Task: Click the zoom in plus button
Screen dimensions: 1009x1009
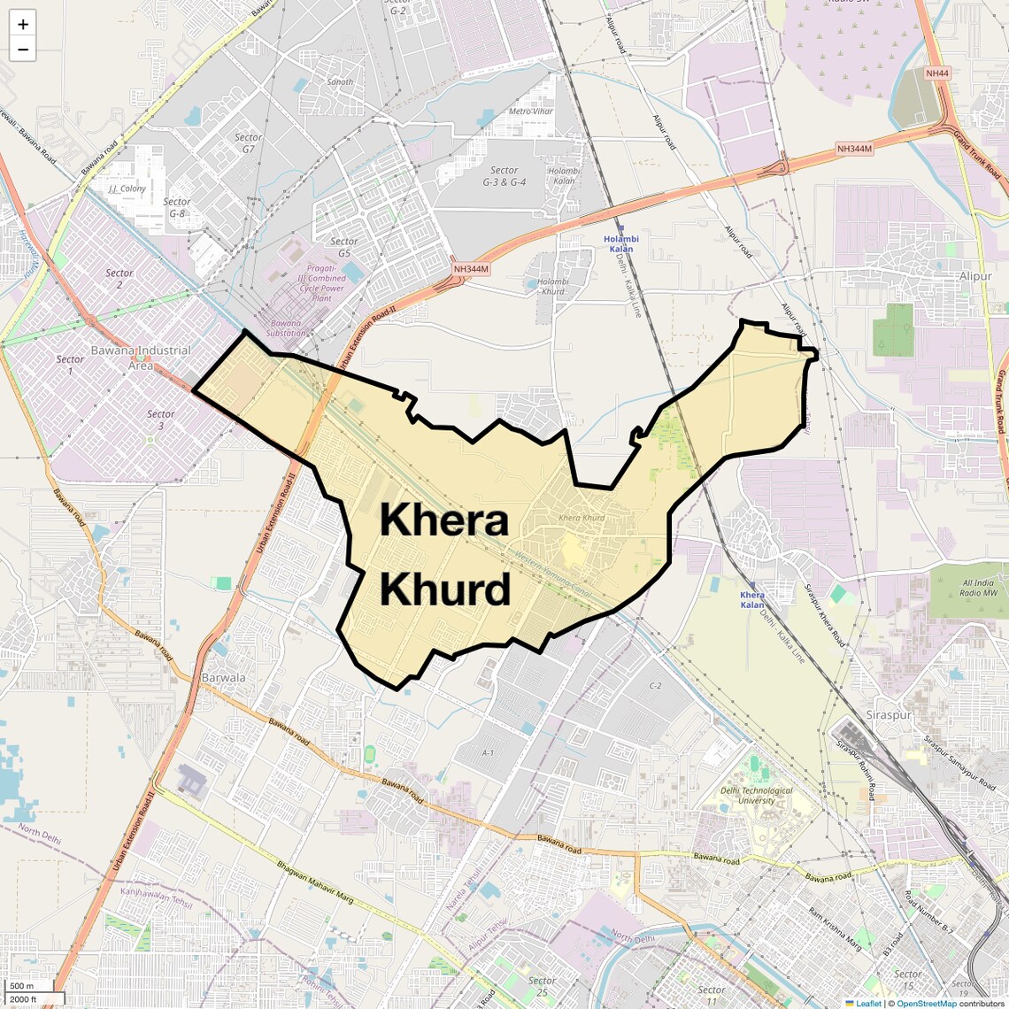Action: (23, 25)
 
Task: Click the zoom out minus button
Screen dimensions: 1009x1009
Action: (23, 50)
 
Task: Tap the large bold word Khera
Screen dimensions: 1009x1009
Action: (444, 520)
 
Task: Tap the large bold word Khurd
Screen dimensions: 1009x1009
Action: (445, 589)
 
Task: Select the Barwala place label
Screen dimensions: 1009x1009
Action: (224, 678)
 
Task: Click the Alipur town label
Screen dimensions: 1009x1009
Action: (975, 276)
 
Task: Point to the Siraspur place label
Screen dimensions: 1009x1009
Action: (889, 715)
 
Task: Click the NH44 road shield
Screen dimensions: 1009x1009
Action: (937, 73)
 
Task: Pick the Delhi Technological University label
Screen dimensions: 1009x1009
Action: (756, 796)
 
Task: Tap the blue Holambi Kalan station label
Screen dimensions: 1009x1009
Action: (620, 243)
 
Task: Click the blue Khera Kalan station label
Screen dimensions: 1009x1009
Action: (752, 600)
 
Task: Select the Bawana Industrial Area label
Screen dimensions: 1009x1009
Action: (141, 358)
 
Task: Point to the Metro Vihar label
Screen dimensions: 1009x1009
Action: (531, 112)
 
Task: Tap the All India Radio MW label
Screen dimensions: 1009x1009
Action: (978, 588)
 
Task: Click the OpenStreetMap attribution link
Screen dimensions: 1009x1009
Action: (927, 1003)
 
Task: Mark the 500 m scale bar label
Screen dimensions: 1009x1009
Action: (23, 986)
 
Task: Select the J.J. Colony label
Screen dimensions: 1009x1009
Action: (127, 189)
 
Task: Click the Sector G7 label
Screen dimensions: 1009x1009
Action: (248, 143)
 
